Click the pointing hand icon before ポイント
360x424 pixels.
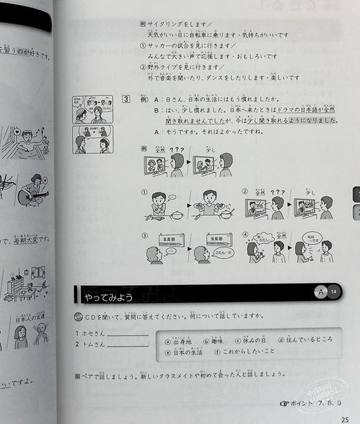coord(285,402)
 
